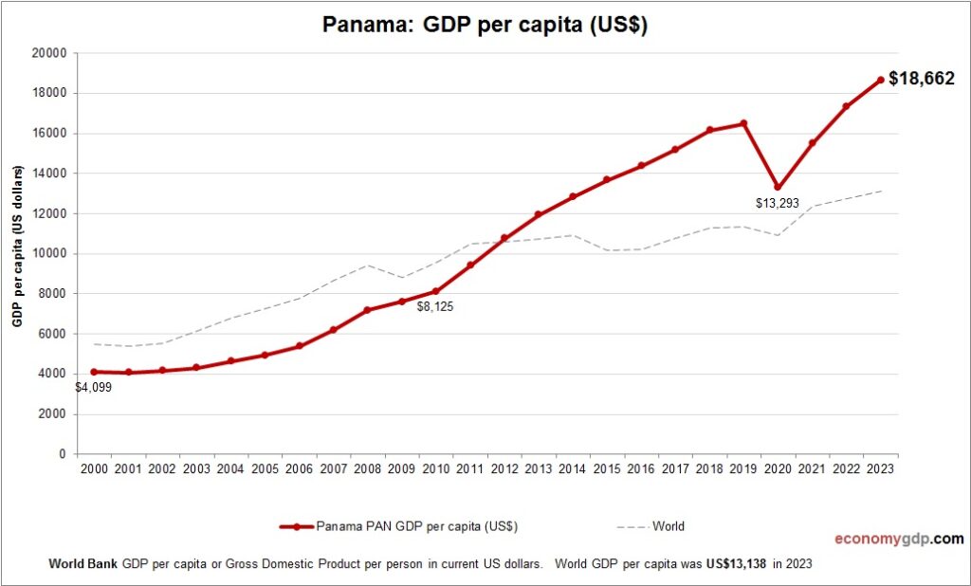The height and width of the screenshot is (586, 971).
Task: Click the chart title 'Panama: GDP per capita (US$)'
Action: click(x=485, y=25)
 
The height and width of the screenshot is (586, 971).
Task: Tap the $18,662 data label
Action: click(x=921, y=79)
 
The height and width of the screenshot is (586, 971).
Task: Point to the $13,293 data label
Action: click(x=779, y=203)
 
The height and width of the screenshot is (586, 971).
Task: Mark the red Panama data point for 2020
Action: click(x=778, y=187)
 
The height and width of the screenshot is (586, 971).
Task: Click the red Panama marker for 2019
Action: click(x=743, y=123)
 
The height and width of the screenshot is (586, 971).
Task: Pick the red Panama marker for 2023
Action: click(x=881, y=80)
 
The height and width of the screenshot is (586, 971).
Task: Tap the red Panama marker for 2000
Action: click(x=93, y=372)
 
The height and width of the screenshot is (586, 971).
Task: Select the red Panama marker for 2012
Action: click(x=504, y=238)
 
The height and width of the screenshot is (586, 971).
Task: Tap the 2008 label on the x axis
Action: click(x=368, y=468)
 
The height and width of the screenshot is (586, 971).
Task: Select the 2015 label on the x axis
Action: click(x=608, y=468)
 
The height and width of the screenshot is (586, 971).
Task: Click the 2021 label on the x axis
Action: click(x=813, y=468)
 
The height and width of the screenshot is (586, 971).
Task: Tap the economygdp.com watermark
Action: click(x=899, y=539)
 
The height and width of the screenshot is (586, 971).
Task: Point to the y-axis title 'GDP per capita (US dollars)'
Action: click(x=17, y=247)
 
